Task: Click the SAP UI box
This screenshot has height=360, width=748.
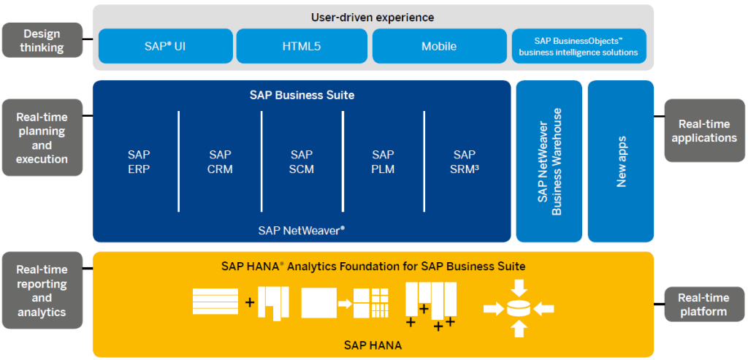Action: pos(166,46)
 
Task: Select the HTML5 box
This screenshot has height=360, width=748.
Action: pos(302,46)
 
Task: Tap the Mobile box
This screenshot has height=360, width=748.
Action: pos(439,46)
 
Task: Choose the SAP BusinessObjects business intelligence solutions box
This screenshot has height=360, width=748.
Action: pos(579,46)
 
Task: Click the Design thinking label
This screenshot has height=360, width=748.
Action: pos(42,41)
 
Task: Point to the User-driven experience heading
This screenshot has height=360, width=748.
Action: pos(373,18)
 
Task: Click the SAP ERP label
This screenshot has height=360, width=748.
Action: pos(139,161)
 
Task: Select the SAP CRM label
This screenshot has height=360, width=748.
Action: pos(220,161)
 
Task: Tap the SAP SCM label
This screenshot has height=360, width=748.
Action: pos(302,161)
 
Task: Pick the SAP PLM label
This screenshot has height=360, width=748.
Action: pos(383,161)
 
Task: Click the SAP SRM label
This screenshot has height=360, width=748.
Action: pos(465,161)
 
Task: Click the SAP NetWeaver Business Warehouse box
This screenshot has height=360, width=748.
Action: pos(549,161)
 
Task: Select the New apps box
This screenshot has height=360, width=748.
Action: pos(621,161)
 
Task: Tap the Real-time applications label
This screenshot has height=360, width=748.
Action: pos(704,131)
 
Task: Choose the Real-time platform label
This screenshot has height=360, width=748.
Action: pos(704,305)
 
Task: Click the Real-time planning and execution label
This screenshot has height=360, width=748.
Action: pos(42,137)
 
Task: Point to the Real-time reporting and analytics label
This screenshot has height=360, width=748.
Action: pos(42,290)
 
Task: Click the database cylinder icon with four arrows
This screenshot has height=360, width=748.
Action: pos(519,309)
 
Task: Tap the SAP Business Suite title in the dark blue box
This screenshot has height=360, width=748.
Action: pos(302,95)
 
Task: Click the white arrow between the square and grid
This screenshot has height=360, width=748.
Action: pos(345,303)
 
